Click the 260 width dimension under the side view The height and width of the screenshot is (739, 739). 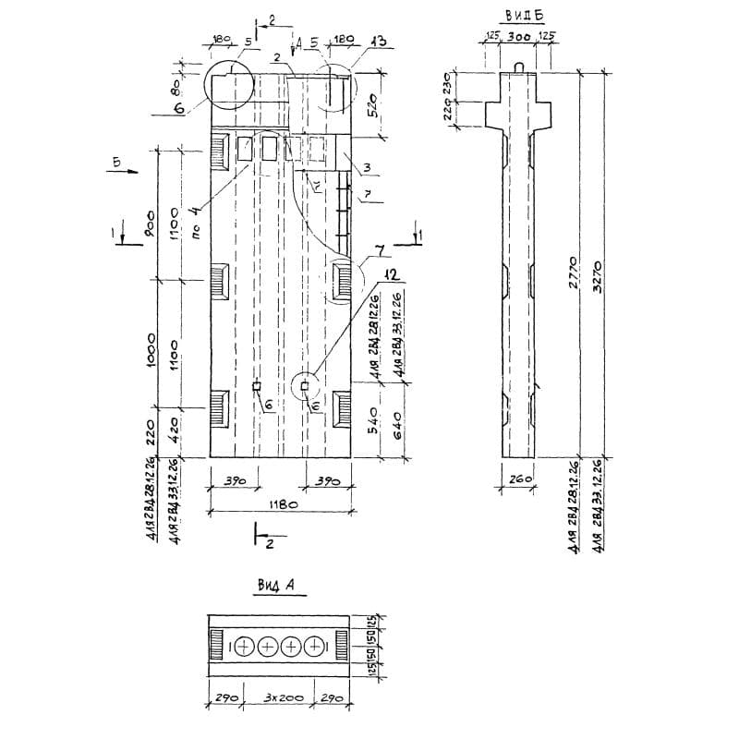518,479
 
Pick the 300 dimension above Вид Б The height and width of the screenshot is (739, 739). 518,37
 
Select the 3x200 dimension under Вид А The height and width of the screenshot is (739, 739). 279,699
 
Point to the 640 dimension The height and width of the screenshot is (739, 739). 400,426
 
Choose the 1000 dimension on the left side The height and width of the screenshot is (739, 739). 151,351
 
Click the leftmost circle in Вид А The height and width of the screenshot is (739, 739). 245,647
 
